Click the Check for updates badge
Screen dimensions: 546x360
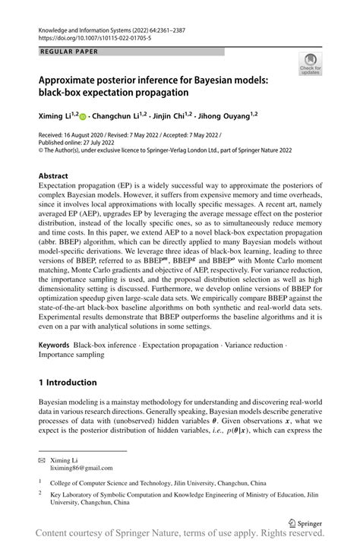tap(309, 65)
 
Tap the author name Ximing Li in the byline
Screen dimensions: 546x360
tap(59, 115)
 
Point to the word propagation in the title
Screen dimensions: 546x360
tap(199, 93)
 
